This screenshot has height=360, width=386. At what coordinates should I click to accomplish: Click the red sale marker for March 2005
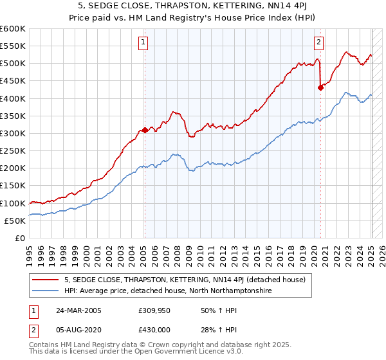145,130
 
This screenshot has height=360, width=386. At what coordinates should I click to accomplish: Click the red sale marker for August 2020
320,88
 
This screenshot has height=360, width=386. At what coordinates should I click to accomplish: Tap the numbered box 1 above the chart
142,43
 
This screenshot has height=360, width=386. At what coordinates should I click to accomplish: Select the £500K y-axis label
13,64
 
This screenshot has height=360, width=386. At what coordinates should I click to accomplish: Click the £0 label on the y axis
20,238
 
